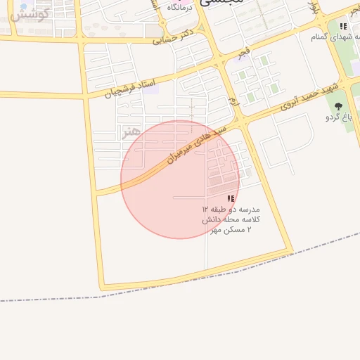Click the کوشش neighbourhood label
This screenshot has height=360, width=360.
(31, 15)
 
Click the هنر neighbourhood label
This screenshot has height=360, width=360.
(131, 131)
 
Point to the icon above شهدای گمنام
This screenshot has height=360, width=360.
(343, 27)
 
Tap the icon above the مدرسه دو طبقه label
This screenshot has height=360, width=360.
(231, 199)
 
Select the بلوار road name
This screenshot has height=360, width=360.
(315, 10)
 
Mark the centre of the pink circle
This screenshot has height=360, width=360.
(180, 179)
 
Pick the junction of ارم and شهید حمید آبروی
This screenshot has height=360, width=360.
(243, 122)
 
